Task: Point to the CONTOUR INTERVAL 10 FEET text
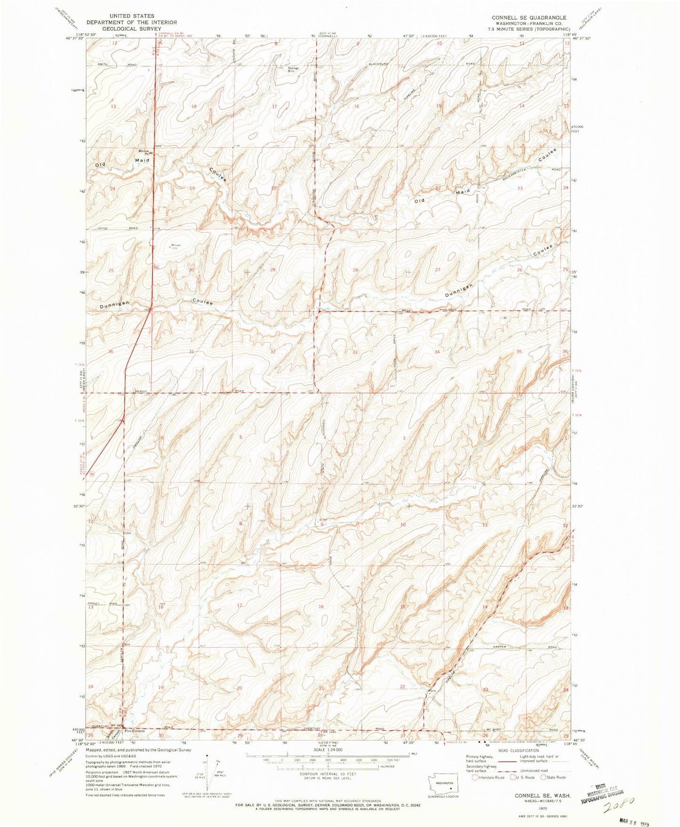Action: click(x=328, y=774)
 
